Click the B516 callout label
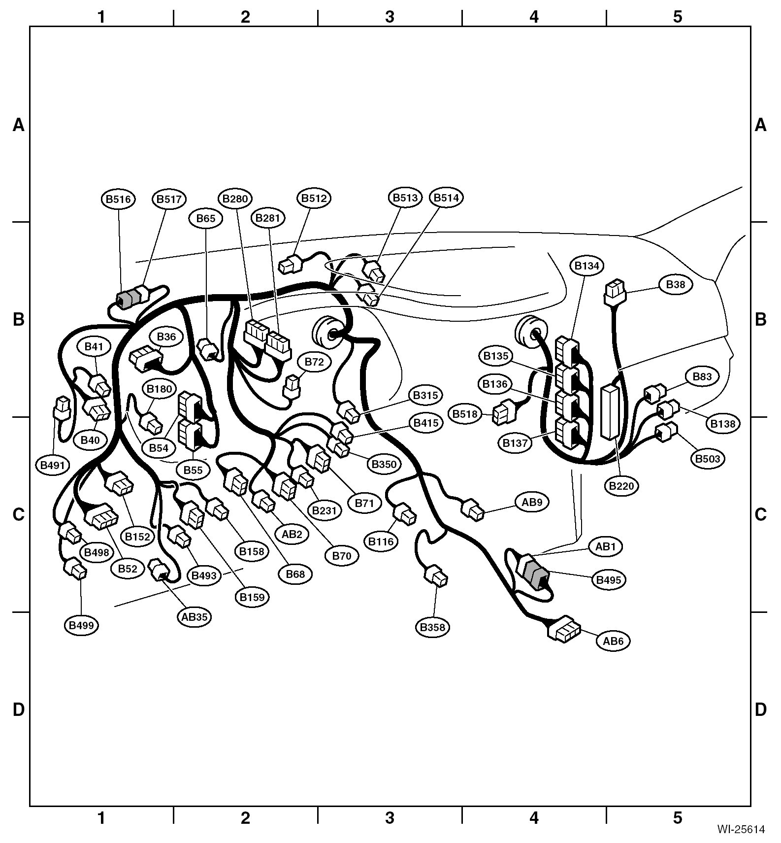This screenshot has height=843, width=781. pyautogui.click(x=119, y=199)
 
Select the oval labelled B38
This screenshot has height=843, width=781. pyautogui.click(x=676, y=285)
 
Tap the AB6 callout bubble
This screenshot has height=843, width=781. pyautogui.click(x=613, y=641)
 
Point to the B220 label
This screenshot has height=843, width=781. pyautogui.click(x=622, y=486)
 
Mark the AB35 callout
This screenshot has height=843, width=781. pyautogui.click(x=195, y=616)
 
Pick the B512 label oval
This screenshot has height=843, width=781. pyautogui.click(x=314, y=198)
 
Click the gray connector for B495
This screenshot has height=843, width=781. pyautogui.click(x=535, y=574)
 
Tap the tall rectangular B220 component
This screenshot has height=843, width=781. pyautogui.click(x=610, y=412)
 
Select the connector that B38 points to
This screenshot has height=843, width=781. pyautogui.click(x=614, y=292)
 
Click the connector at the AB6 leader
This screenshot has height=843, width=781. pyautogui.click(x=564, y=629)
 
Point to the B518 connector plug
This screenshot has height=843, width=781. pyautogui.click(x=504, y=413)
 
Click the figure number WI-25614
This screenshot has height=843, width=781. pyautogui.click(x=741, y=829)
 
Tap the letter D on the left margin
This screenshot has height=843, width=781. pyautogui.click(x=18, y=710)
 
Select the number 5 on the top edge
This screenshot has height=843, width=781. pyautogui.click(x=678, y=17)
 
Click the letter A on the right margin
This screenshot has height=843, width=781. pyautogui.click(x=760, y=125)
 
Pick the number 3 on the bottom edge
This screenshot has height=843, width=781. pyautogui.click(x=390, y=818)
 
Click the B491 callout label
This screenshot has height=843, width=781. pyautogui.click(x=53, y=465)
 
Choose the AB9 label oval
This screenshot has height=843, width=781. pyautogui.click(x=532, y=502)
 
